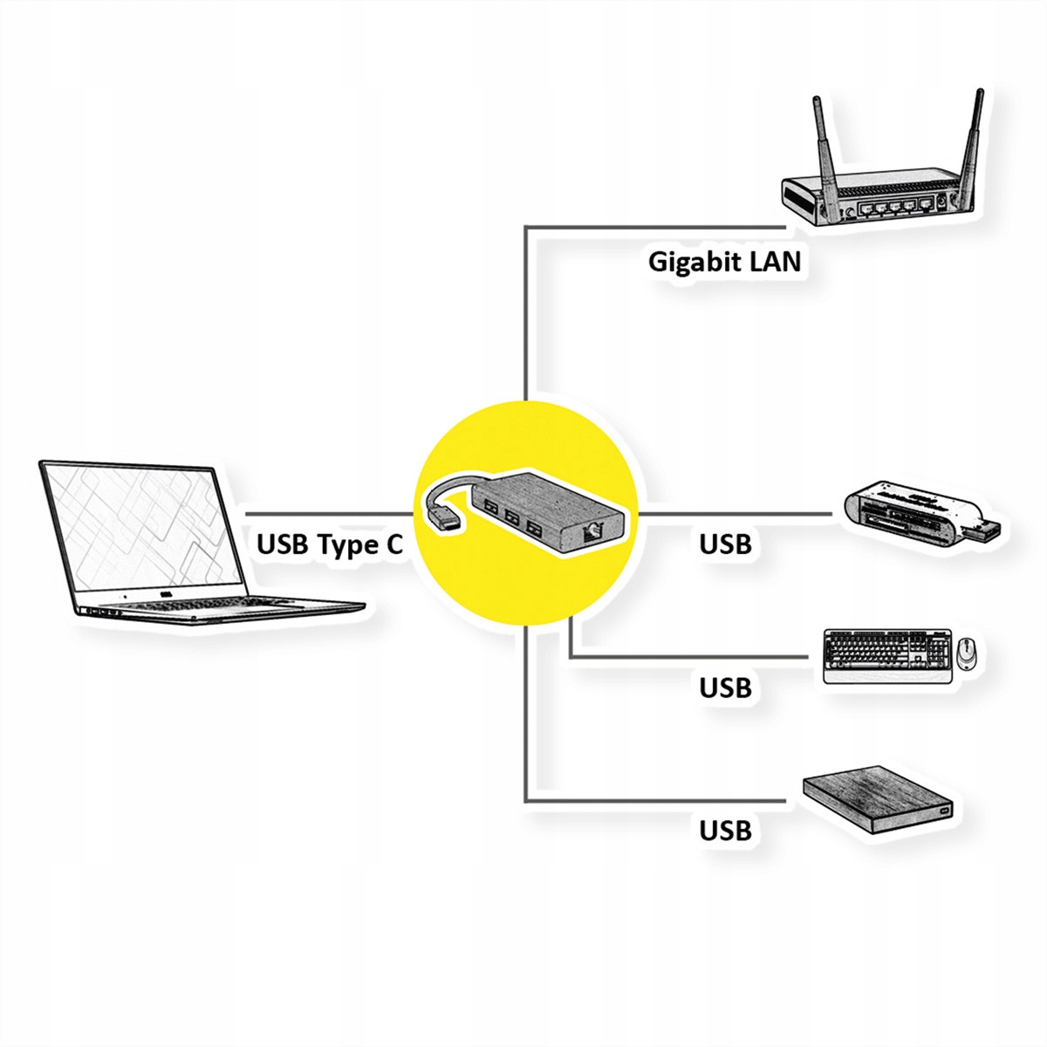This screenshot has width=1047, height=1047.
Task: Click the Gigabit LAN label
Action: (724, 262)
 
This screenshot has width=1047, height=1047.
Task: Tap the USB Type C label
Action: (329, 544)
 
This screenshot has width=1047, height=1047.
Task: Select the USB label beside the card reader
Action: (725, 544)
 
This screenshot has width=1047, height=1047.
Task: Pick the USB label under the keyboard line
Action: (725, 688)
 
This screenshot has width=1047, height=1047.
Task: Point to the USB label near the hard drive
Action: (725, 831)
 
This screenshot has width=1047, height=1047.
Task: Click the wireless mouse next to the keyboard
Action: (966, 654)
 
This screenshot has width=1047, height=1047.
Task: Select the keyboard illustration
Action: (887, 656)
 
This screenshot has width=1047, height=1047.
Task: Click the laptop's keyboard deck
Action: (217, 607)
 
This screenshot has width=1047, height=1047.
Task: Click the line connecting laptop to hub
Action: (329, 513)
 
